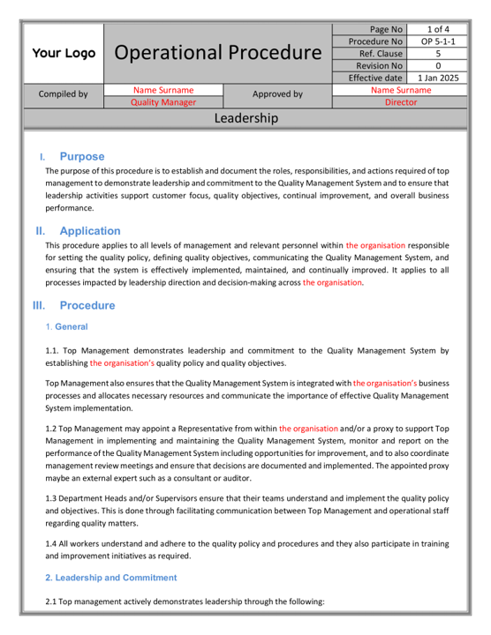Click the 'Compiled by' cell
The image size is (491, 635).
pos(63,95)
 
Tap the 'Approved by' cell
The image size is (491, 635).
pos(277,95)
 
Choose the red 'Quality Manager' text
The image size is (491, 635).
pos(163,102)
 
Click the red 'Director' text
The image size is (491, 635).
pos(400,102)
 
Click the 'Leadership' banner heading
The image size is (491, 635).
pos(245,118)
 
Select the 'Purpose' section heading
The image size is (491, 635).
pos(82,156)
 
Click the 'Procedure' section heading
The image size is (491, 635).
pos(87,306)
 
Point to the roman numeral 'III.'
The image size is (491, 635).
pos(39,306)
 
